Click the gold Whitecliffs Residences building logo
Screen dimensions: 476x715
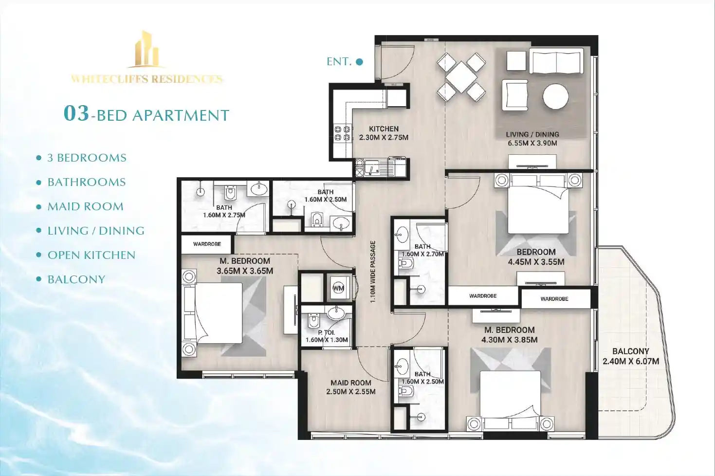[x=147, y=49]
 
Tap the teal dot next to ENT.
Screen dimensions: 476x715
[x=360, y=62]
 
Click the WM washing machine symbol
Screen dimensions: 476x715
[x=338, y=288]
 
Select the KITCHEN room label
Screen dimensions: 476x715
[x=384, y=129]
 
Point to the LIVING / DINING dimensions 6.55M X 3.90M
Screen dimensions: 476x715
[x=532, y=143]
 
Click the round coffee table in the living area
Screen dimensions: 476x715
[x=555, y=96]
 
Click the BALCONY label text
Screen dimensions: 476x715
[x=630, y=351]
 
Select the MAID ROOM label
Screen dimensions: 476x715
[x=350, y=383]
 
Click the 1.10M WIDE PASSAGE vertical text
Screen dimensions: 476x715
[x=373, y=272]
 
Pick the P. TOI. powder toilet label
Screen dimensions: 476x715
[x=326, y=332]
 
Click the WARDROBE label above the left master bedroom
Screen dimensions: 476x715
[x=207, y=244]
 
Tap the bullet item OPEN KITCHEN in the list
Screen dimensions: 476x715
[x=91, y=255]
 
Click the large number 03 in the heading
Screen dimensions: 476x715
[x=76, y=113]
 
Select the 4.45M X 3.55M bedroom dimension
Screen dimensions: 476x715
[x=536, y=262]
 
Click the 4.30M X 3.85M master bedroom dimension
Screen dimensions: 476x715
[x=509, y=340]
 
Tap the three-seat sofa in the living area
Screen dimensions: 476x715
[x=556, y=62]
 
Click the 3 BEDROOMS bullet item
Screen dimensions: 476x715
[x=87, y=158]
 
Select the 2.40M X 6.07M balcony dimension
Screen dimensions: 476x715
[x=630, y=361]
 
